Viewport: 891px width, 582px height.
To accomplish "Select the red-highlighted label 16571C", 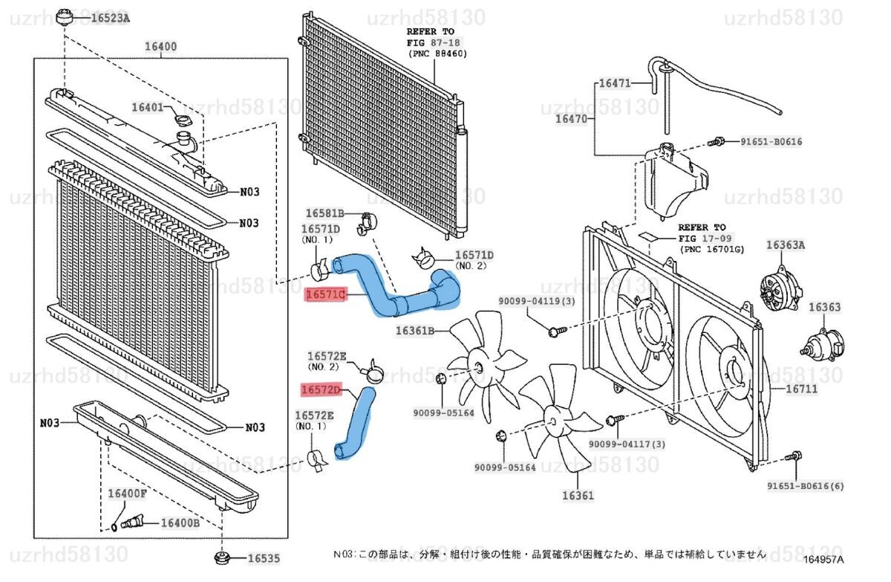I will pos(326,295).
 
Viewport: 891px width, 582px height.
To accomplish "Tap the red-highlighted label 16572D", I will pos(321,389).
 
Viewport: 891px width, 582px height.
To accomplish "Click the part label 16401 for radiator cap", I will pos(147,107).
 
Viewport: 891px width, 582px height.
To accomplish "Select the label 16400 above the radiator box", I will pos(160,46).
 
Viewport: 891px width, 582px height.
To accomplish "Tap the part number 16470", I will pos(572,118).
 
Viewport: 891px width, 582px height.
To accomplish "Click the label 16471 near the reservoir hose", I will pos(614,83).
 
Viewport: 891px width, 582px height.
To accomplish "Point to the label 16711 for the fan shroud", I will pos(800,388).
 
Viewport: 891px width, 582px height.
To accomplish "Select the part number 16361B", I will pos(415,331).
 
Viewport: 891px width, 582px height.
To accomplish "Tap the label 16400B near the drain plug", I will pos(180,523).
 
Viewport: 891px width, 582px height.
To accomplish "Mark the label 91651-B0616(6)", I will pos(806,486).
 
